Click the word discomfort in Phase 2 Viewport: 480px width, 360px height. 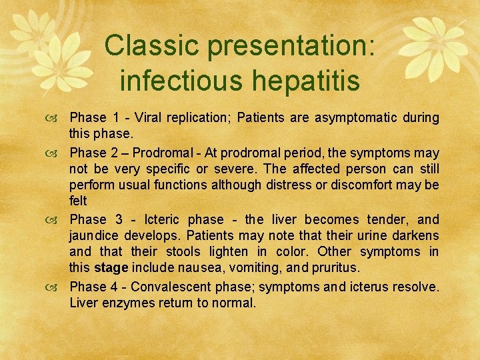coord(369,185)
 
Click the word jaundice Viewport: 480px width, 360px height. coord(92,236)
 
